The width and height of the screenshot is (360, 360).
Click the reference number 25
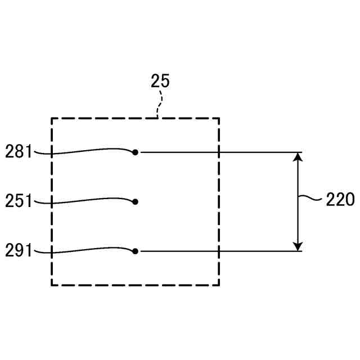160,81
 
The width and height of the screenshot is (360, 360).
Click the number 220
340,199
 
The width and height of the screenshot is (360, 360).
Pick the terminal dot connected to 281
135,152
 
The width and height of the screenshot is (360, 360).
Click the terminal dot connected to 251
135,201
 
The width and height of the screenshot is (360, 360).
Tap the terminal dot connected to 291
135,251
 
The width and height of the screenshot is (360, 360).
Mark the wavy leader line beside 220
310,198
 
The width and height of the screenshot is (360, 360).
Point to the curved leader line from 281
84,151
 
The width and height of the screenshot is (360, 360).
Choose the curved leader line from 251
84,199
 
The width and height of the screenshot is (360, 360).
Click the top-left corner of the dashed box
52,118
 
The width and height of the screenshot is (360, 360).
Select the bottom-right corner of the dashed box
219,285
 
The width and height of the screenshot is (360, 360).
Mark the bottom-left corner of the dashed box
52,285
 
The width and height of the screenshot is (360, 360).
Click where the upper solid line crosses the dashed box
219,152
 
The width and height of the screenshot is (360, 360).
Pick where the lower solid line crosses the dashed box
219,251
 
